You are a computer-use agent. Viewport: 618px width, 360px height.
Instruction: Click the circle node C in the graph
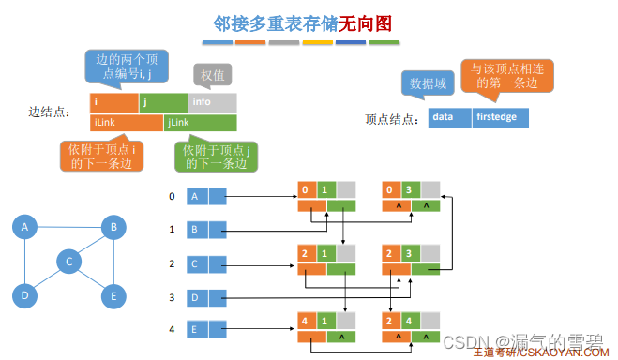[x=68, y=262]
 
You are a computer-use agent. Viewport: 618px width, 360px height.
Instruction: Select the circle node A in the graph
[x=25, y=227]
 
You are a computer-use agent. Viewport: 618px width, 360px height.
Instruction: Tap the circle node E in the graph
[x=113, y=297]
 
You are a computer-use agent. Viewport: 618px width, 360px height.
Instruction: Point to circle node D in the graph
[x=25, y=297]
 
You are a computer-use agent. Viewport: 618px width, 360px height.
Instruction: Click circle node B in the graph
[x=113, y=227]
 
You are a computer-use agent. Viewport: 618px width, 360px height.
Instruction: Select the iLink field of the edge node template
[x=126, y=122]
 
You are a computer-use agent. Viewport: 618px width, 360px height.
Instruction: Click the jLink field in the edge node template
[x=199, y=122]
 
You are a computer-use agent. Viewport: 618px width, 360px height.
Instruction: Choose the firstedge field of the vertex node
[x=501, y=118]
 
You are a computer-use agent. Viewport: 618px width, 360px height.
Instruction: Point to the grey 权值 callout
[x=212, y=74]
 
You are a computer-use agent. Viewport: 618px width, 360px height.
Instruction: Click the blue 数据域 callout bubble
[x=427, y=83]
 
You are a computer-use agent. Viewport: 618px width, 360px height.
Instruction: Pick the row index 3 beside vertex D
[x=172, y=297]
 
